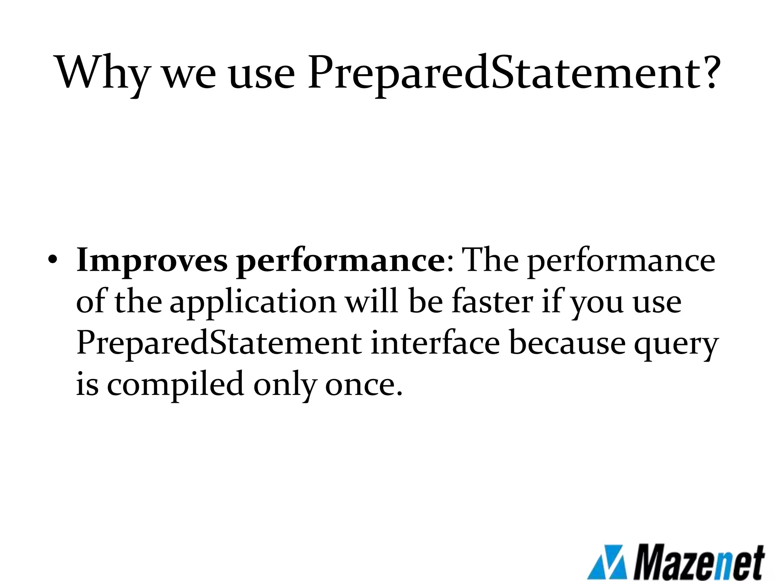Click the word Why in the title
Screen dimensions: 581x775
click(101, 73)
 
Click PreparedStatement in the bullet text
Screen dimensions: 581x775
click(219, 343)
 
